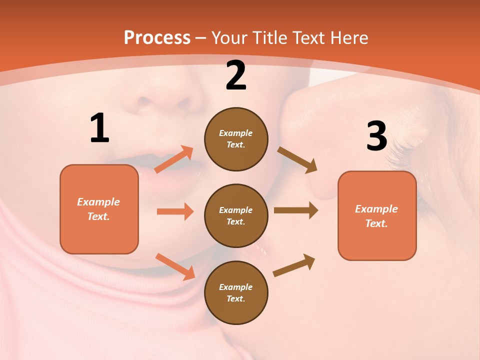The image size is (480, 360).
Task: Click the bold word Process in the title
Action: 157,38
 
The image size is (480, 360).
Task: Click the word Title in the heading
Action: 270,38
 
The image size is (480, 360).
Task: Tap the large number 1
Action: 99,128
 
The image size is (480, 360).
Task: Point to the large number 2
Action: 236,75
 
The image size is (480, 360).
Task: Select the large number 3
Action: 376,136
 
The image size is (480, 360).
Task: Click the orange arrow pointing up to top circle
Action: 174,159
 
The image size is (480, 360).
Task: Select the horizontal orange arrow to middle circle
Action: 175,211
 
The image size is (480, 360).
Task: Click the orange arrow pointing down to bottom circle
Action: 175,266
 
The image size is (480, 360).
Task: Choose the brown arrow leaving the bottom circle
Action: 294,265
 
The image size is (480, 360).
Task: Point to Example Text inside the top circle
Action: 236,139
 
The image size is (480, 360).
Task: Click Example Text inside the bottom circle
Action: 236,293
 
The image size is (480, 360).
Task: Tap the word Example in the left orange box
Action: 98,202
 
